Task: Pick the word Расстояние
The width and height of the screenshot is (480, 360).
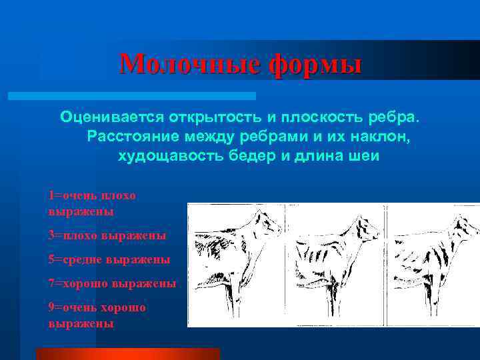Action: pyautogui.click(x=129, y=137)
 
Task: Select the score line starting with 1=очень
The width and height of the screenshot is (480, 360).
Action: pyautogui.click(x=91, y=203)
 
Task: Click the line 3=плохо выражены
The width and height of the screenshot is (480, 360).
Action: pyautogui.click(x=107, y=235)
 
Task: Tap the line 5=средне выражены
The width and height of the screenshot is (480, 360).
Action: pyautogui.click(x=109, y=259)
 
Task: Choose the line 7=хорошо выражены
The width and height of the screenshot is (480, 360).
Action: pyautogui.click(x=112, y=283)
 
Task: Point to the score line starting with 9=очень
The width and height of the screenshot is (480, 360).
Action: pyautogui.click(x=97, y=315)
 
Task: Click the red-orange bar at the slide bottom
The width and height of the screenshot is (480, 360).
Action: pyautogui.click(x=127, y=353)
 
